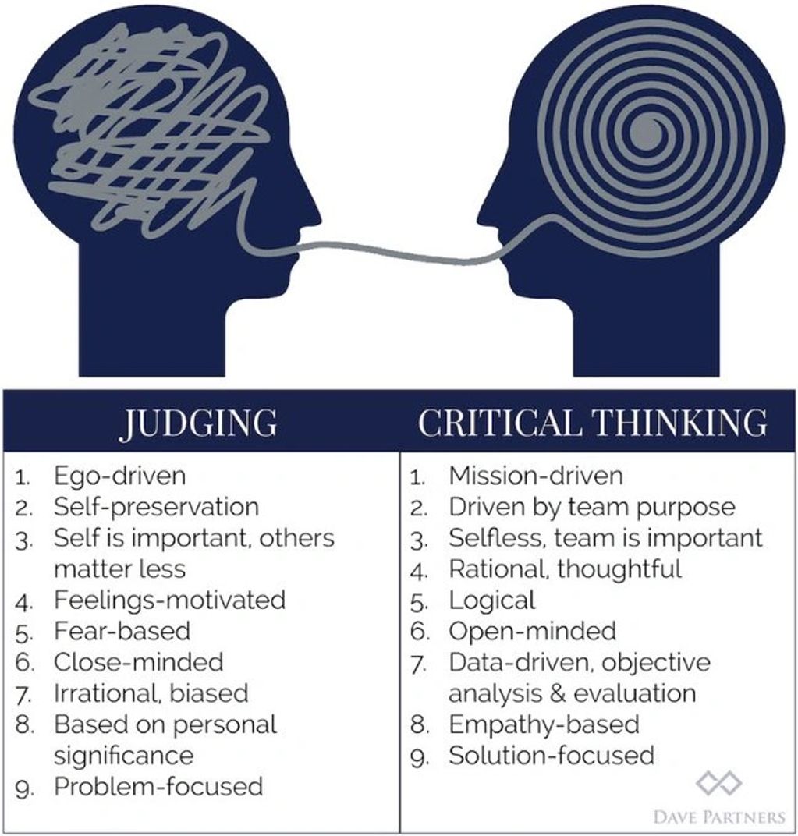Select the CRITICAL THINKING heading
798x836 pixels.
tap(592, 422)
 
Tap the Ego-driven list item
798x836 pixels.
tap(119, 475)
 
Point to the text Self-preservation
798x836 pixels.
tap(156, 507)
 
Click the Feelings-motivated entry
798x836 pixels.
tap(169, 600)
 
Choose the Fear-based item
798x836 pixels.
tap(122, 630)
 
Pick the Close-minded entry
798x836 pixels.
tap(138, 662)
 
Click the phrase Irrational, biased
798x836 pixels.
tap(151, 693)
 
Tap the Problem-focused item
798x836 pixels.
tap(158, 785)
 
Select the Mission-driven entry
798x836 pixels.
tap(535, 475)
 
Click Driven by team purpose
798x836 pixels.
tap(591, 507)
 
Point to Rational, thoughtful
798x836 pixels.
tap(565, 569)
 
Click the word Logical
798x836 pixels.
tap(491, 600)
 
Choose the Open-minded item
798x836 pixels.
tap(532, 630)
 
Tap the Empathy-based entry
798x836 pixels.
tap(544, 724)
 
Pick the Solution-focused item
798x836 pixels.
tap(551, 755)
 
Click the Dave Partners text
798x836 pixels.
tap(718, 817)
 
